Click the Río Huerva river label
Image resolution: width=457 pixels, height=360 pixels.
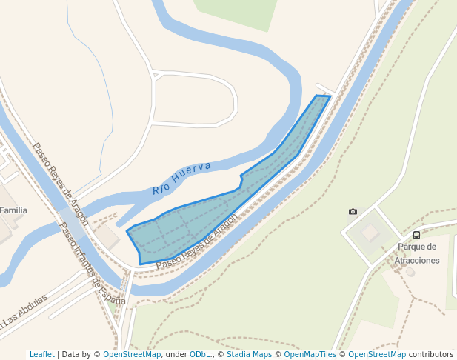(181, 178)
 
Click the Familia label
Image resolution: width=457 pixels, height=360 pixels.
(13, 210)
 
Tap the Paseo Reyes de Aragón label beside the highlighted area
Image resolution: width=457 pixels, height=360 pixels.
(197, 241)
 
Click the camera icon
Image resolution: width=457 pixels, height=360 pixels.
(353, 212)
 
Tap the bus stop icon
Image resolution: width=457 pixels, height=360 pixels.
(416, 235)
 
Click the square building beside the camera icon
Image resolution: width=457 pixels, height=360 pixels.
(370, 233)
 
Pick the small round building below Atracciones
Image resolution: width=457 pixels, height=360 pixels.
(410, 272)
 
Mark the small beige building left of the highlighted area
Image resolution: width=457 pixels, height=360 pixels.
(107, 236)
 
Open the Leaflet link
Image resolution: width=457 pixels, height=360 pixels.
(41, 355)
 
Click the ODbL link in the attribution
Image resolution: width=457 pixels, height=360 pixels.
(200, 355)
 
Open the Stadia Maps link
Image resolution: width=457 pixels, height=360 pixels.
(249, 355)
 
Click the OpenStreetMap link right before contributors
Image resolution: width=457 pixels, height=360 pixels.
(376, 355)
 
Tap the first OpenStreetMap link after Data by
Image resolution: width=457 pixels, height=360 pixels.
(132, 355)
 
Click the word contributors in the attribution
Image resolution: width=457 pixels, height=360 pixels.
(430, 355)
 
